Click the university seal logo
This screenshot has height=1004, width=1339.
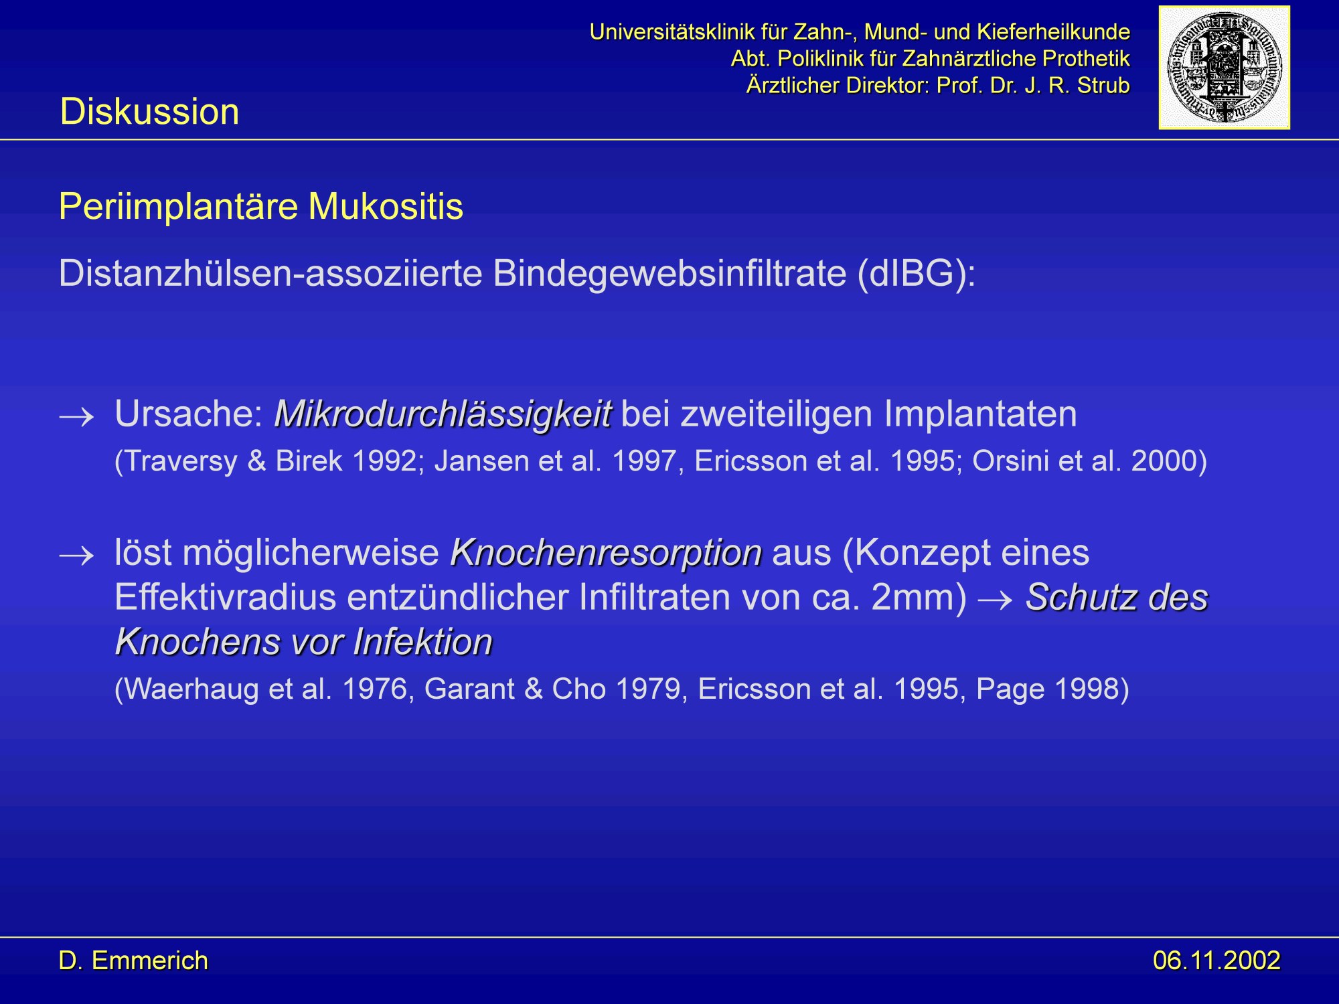(1224, 68)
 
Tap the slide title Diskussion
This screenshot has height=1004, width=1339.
(149, 111)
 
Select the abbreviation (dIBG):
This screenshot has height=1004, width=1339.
(917, 273)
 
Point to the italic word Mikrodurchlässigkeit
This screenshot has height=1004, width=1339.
(443, 414)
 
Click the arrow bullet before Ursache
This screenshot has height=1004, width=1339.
(76, 418)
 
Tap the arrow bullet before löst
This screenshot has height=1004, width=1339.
(76, 556)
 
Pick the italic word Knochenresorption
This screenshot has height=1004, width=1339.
(606, 553)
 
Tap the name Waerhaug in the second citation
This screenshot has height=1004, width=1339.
(191, 689)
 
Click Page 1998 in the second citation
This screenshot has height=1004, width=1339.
(1047, 689)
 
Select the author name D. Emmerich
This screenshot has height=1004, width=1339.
(133, 960)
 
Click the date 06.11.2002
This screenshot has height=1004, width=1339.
(1216, 960)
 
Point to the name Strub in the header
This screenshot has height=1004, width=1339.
(1103, 85)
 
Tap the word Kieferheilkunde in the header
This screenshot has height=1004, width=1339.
(1052, 31)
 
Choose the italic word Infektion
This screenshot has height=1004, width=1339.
(422, 642)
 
